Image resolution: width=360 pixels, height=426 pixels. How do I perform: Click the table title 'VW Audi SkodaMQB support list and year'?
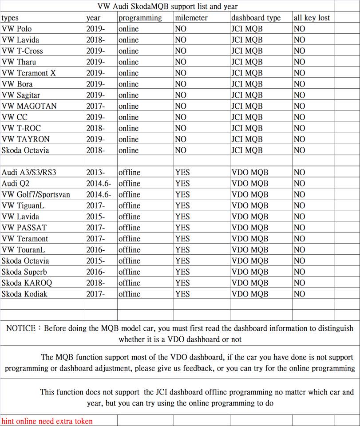pyautogui.click(x=167, y=6)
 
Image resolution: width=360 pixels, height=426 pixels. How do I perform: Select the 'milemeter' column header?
pyautogui.click(x=191, y=18)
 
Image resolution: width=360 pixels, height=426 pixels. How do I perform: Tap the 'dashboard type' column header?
pyautogui.click(x=256, y=18)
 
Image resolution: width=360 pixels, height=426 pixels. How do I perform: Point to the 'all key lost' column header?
pyautogui.click(x=312, y=18)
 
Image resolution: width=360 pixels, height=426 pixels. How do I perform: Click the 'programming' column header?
pyautogui.click(x=140, y=18)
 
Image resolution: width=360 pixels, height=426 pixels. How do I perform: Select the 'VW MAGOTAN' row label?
pyautogui.click(x=29, y=106)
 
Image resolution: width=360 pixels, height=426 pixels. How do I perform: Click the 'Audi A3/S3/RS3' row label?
pyautogui.click(x=29, y=172)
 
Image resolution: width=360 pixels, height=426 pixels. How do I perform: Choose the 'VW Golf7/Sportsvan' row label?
pyautogui.click(x=36, y=194)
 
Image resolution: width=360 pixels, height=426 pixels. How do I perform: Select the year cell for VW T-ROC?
pyautogui.click(x=95, y=128)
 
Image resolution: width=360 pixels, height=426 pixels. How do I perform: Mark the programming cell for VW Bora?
pyautogui.click(x=128, y=84)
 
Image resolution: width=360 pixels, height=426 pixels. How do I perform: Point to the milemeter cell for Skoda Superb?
pyautogui.click(x=182, y=272)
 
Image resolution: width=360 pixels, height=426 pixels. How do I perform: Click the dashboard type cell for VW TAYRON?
pyautogui.click(x=247, y=139)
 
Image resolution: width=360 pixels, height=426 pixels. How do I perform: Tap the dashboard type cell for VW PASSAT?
pyautogui.click(x=250, y=228)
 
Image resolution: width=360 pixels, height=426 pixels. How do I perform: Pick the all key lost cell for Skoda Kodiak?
pyautogui.click(x=300, y=294)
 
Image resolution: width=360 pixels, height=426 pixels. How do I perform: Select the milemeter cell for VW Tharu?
pyautogui.click(x=181, y=62)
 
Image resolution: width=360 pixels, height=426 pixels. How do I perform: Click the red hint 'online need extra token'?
pyautogui.click(x=47, y=421)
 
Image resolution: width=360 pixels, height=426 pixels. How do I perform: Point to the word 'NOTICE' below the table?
pyautogui.click(x=21, y=328)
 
